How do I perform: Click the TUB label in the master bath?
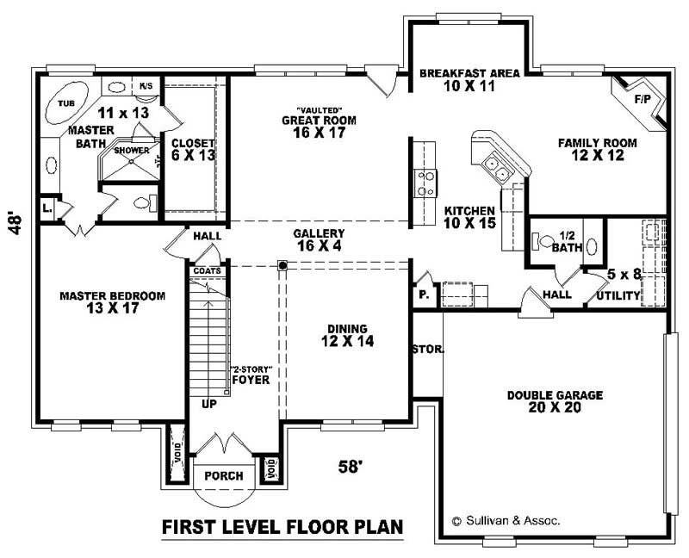(x=65, y=103)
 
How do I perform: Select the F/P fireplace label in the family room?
(x=642, y=99)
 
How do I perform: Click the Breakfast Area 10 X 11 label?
(x=469, y=80)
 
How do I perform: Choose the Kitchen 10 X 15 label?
(x=469, y=217)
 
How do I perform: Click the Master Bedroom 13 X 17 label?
(x=112, y=302)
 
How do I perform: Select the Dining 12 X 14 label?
(x=347, y=335)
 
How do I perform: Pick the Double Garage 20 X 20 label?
(x=555, y=401)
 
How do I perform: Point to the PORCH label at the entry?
(x=223, y=476)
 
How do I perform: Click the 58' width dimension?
(x=349, y=467)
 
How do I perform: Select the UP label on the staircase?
(x=209, y=403)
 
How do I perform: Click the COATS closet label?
(x=207, y=270)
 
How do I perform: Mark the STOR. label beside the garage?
(x=428, y=350)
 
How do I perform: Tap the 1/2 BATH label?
(x=568, y=241)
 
